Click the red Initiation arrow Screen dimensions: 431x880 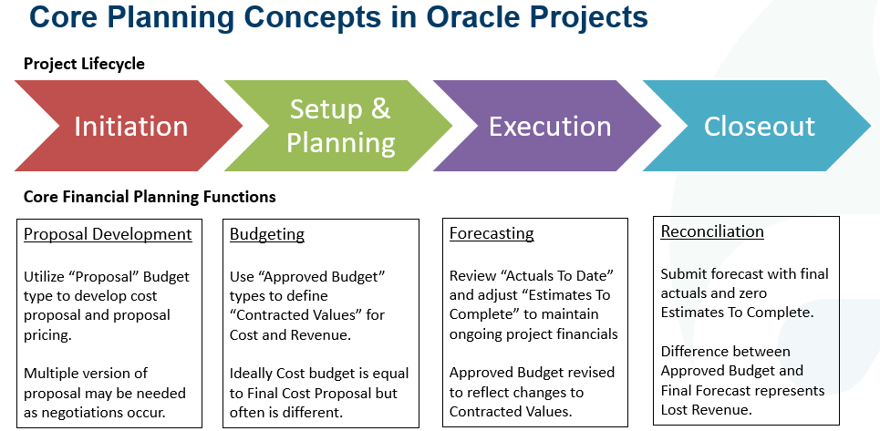click(130, 126)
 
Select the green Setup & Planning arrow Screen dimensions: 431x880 click(340, 126)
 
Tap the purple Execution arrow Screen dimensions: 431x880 click(550, 126)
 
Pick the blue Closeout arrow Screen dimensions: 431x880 click(759, 126)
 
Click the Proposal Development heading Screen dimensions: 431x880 click(108, 234)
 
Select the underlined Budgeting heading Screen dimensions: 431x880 click(266, 234)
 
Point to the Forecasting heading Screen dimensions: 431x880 click(492, 233)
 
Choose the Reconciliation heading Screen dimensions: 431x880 click(712, 231)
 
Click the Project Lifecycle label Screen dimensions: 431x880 click(84, 64)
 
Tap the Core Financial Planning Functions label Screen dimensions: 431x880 click(150, 197)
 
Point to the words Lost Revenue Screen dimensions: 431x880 click(708, 410)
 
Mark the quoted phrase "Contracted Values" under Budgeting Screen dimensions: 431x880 click(295, 316)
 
